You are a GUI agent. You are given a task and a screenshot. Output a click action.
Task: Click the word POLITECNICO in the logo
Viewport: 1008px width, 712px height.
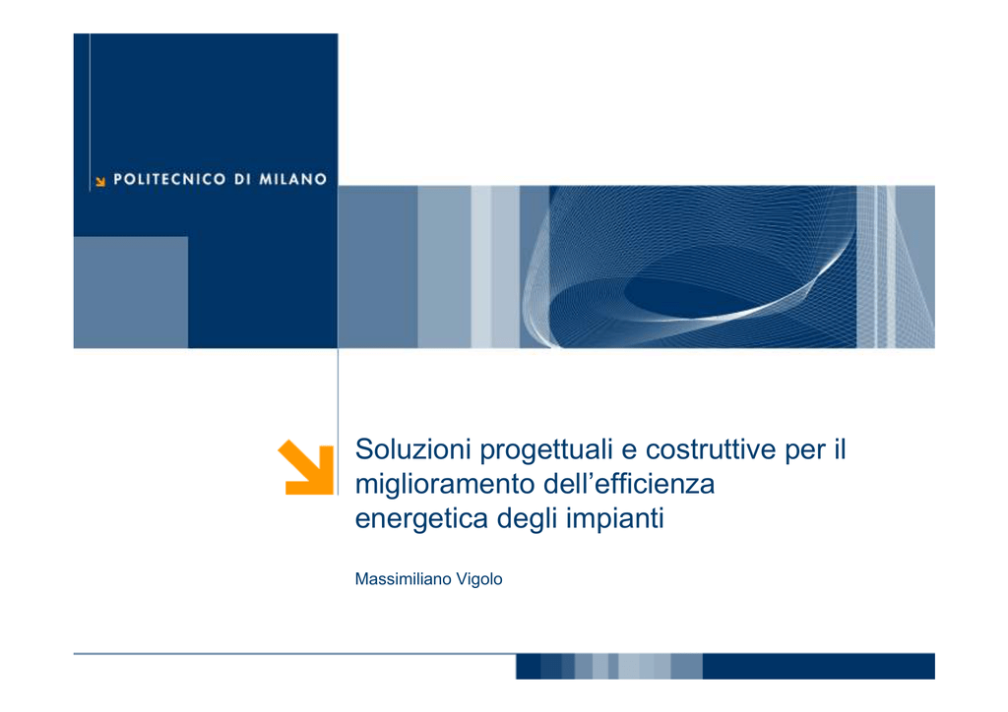(x=169, y=179)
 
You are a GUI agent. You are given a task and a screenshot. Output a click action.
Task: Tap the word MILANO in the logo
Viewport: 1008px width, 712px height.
(x=293, y=179)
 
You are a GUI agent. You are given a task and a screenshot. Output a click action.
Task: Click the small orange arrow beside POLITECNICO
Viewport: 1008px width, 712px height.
(x=100, y=182)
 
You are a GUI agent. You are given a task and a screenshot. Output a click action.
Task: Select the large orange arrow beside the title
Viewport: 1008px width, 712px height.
(x=306, y=467)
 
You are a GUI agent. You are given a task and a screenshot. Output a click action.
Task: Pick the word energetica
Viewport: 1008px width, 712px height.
(x=421, y=518)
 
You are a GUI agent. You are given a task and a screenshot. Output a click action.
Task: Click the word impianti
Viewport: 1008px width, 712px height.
(x=614, y=518)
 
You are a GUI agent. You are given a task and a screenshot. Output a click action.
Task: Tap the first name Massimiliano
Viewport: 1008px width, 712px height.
(x=403, y=579)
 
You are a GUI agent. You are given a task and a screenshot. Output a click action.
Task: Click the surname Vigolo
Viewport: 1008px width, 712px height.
(x=479, y=580)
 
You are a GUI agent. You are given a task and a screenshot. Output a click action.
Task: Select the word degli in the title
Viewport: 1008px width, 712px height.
(x=527, y=518)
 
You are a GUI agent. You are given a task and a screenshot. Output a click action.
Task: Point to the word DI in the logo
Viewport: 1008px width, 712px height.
(x=242, y=179)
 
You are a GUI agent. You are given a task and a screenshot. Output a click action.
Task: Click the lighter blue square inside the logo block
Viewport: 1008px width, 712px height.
(x=131, y=292)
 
